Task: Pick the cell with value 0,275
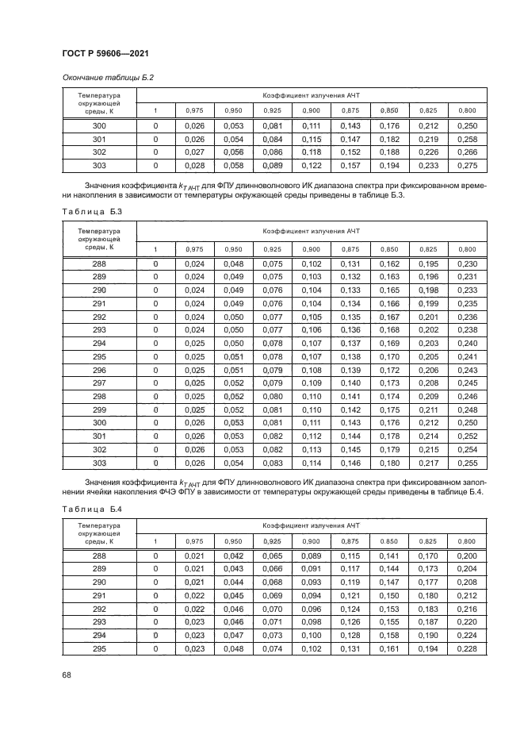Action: point(467,165)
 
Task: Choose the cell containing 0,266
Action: point(467,152)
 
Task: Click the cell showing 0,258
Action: point(467,139)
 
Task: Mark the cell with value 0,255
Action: point(467,463)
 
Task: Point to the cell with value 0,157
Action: point(350,165)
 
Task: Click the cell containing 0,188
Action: point(388,152)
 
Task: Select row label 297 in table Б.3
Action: point(99,383)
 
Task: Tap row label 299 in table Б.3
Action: point(99,409)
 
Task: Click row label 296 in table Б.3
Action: point(99,370)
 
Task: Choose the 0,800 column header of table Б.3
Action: point(467,249)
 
